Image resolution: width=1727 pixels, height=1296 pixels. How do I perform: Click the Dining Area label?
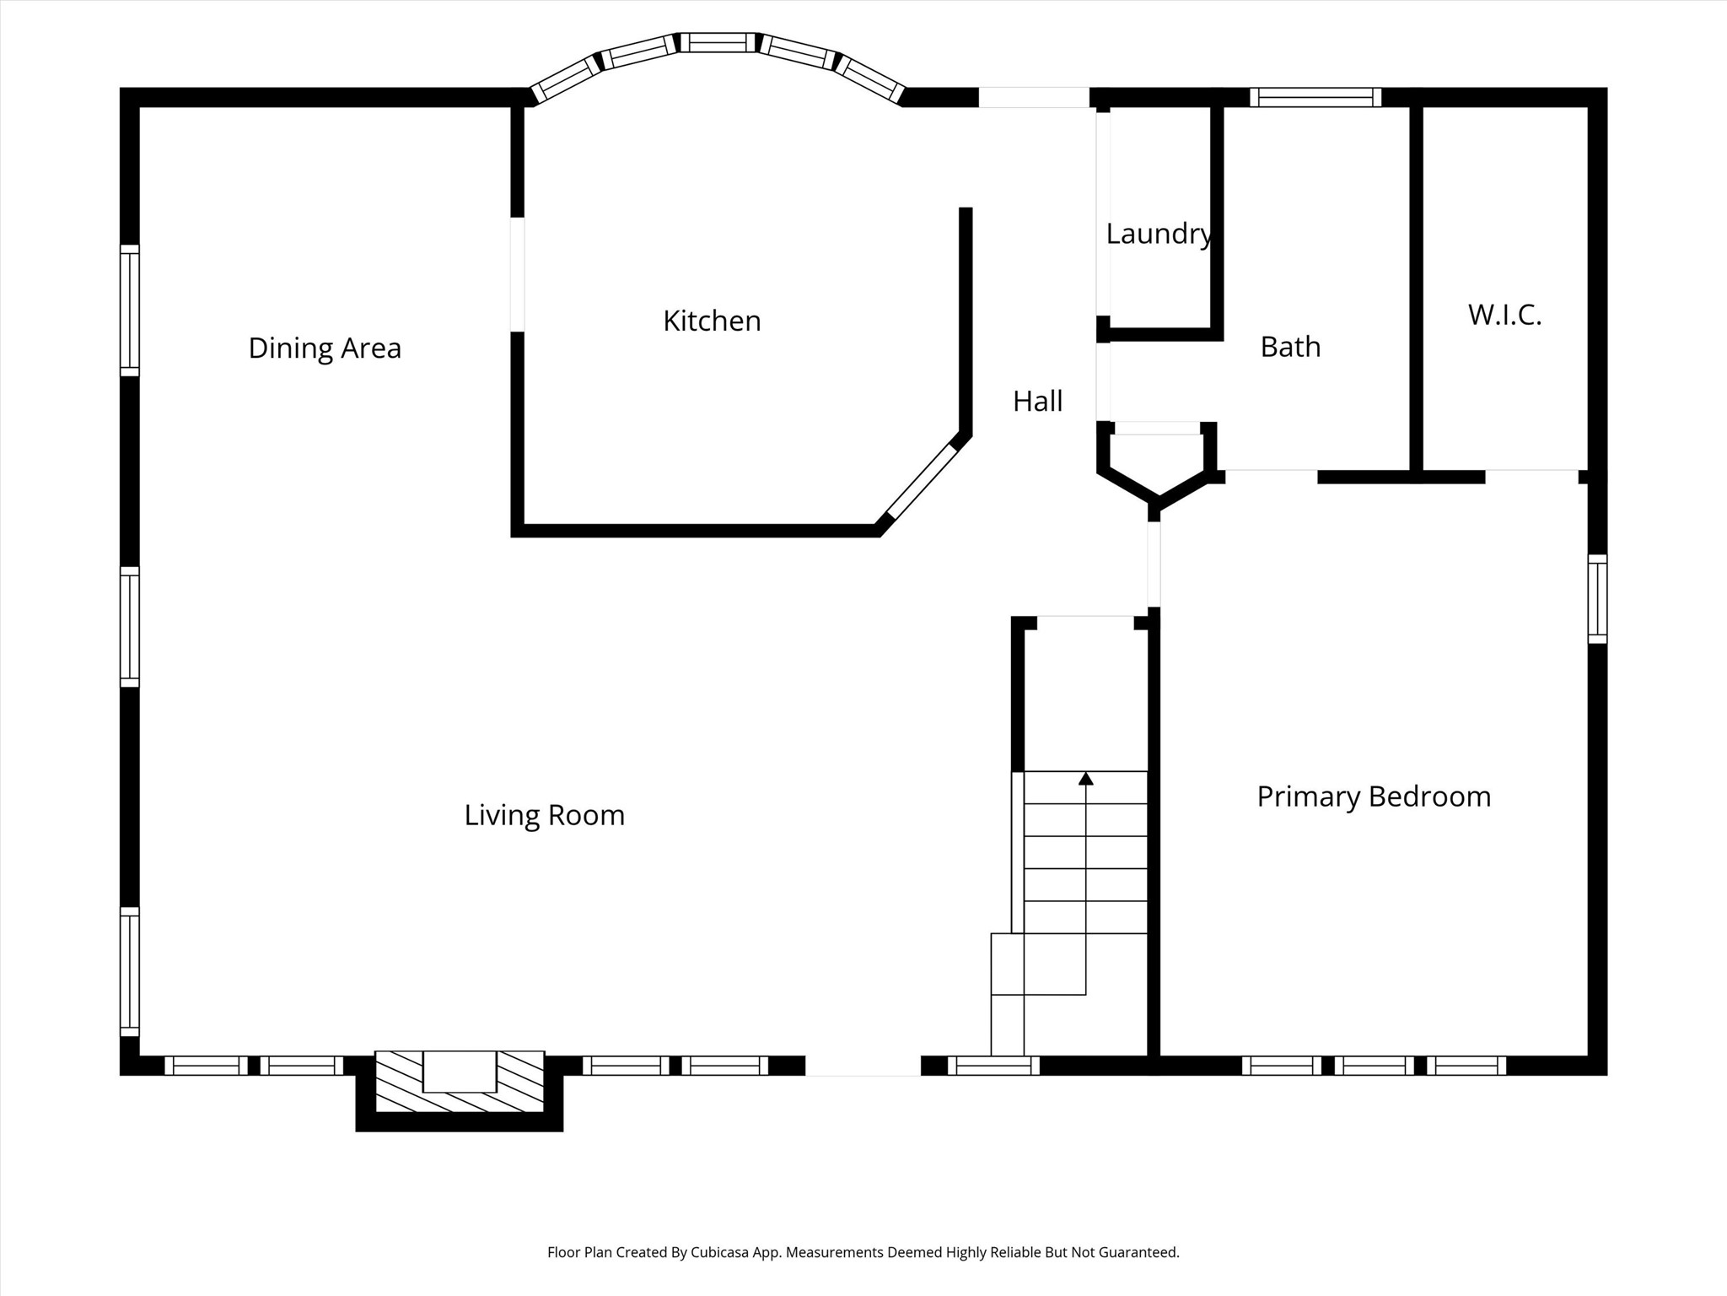click(x=325, y=348)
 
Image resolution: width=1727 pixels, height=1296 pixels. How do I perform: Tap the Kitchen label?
click(x=712, y=321)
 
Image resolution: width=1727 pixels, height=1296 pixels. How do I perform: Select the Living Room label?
click(x=545, y=815)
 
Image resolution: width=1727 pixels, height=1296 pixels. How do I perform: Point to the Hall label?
click(x=1037, y=401)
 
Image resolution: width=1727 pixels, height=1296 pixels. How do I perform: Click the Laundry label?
click(x=1159, y=234)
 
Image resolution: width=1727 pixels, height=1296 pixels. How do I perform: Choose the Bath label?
click(x=1290, y=347)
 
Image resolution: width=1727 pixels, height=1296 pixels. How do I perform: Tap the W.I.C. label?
click(x=1504, y=315)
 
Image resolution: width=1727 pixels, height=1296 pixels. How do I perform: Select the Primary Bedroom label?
click(x=1374, y=796)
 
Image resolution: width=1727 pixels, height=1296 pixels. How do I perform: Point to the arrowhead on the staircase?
click(x=1086, y=778)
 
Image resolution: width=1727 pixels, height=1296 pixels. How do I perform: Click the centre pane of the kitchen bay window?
click(x=718, y=42)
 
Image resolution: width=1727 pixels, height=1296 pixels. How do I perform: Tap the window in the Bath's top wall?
click(x=1315, y=97)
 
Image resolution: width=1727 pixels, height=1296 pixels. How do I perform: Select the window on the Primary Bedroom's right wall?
click(x=1597, y=599)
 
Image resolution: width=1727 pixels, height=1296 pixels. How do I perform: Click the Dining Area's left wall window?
click(x=129, y=310)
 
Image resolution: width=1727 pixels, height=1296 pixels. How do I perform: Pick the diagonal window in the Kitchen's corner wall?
click(x=922, y=482)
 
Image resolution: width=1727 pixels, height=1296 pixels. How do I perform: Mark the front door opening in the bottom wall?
click(x=863, y=1066)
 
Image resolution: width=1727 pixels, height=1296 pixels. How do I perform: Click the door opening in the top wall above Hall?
click(x=1034, y=97)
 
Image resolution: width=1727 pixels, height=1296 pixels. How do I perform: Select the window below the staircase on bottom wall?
click(x=993, y=1066)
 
